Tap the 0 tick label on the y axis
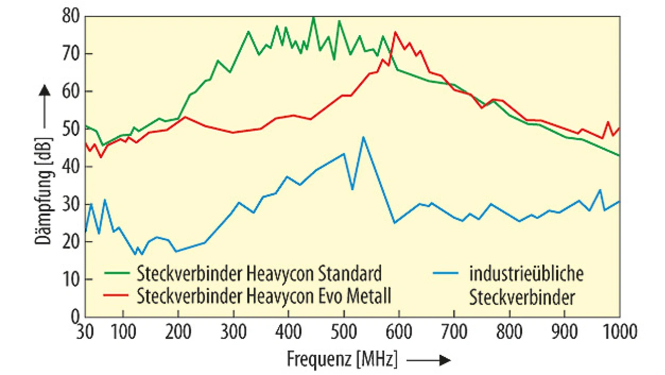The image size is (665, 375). [75, 317]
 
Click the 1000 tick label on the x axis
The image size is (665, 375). [618, 331]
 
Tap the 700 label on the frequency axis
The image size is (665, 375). [454, 331]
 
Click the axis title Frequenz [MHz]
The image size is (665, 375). [341, 359]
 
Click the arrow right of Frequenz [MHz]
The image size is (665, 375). [429, 359]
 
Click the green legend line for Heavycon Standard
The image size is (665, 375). [117, 273]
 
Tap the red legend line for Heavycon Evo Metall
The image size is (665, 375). [117, 295]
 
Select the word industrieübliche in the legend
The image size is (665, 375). [526, 273]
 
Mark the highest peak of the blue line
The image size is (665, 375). [363, 137]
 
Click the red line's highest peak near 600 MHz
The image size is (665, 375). [395, 32]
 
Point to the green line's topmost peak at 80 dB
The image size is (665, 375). [313, 17]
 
